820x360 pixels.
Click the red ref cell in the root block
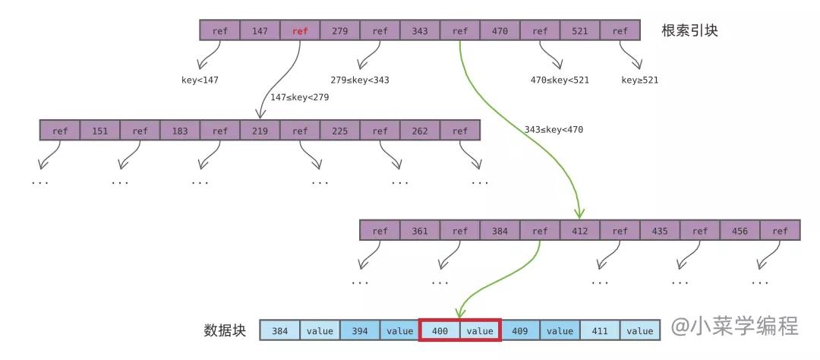300,31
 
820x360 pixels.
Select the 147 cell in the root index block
260,31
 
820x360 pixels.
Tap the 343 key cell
420,31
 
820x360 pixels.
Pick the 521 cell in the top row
580,31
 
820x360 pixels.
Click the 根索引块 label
689,31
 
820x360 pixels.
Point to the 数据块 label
225,330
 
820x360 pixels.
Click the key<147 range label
200,80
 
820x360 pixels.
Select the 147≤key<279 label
299,97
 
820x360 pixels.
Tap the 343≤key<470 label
553,129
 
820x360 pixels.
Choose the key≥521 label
640,80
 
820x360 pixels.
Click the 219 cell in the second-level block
260,131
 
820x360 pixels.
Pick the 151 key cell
99,131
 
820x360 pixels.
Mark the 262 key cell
420,131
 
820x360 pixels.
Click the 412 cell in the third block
580,231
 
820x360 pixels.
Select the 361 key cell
420,231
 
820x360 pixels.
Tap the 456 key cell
740,231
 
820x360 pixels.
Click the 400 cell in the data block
440,330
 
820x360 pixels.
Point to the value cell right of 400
480,330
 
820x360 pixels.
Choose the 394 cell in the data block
360,330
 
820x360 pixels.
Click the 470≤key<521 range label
560,80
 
